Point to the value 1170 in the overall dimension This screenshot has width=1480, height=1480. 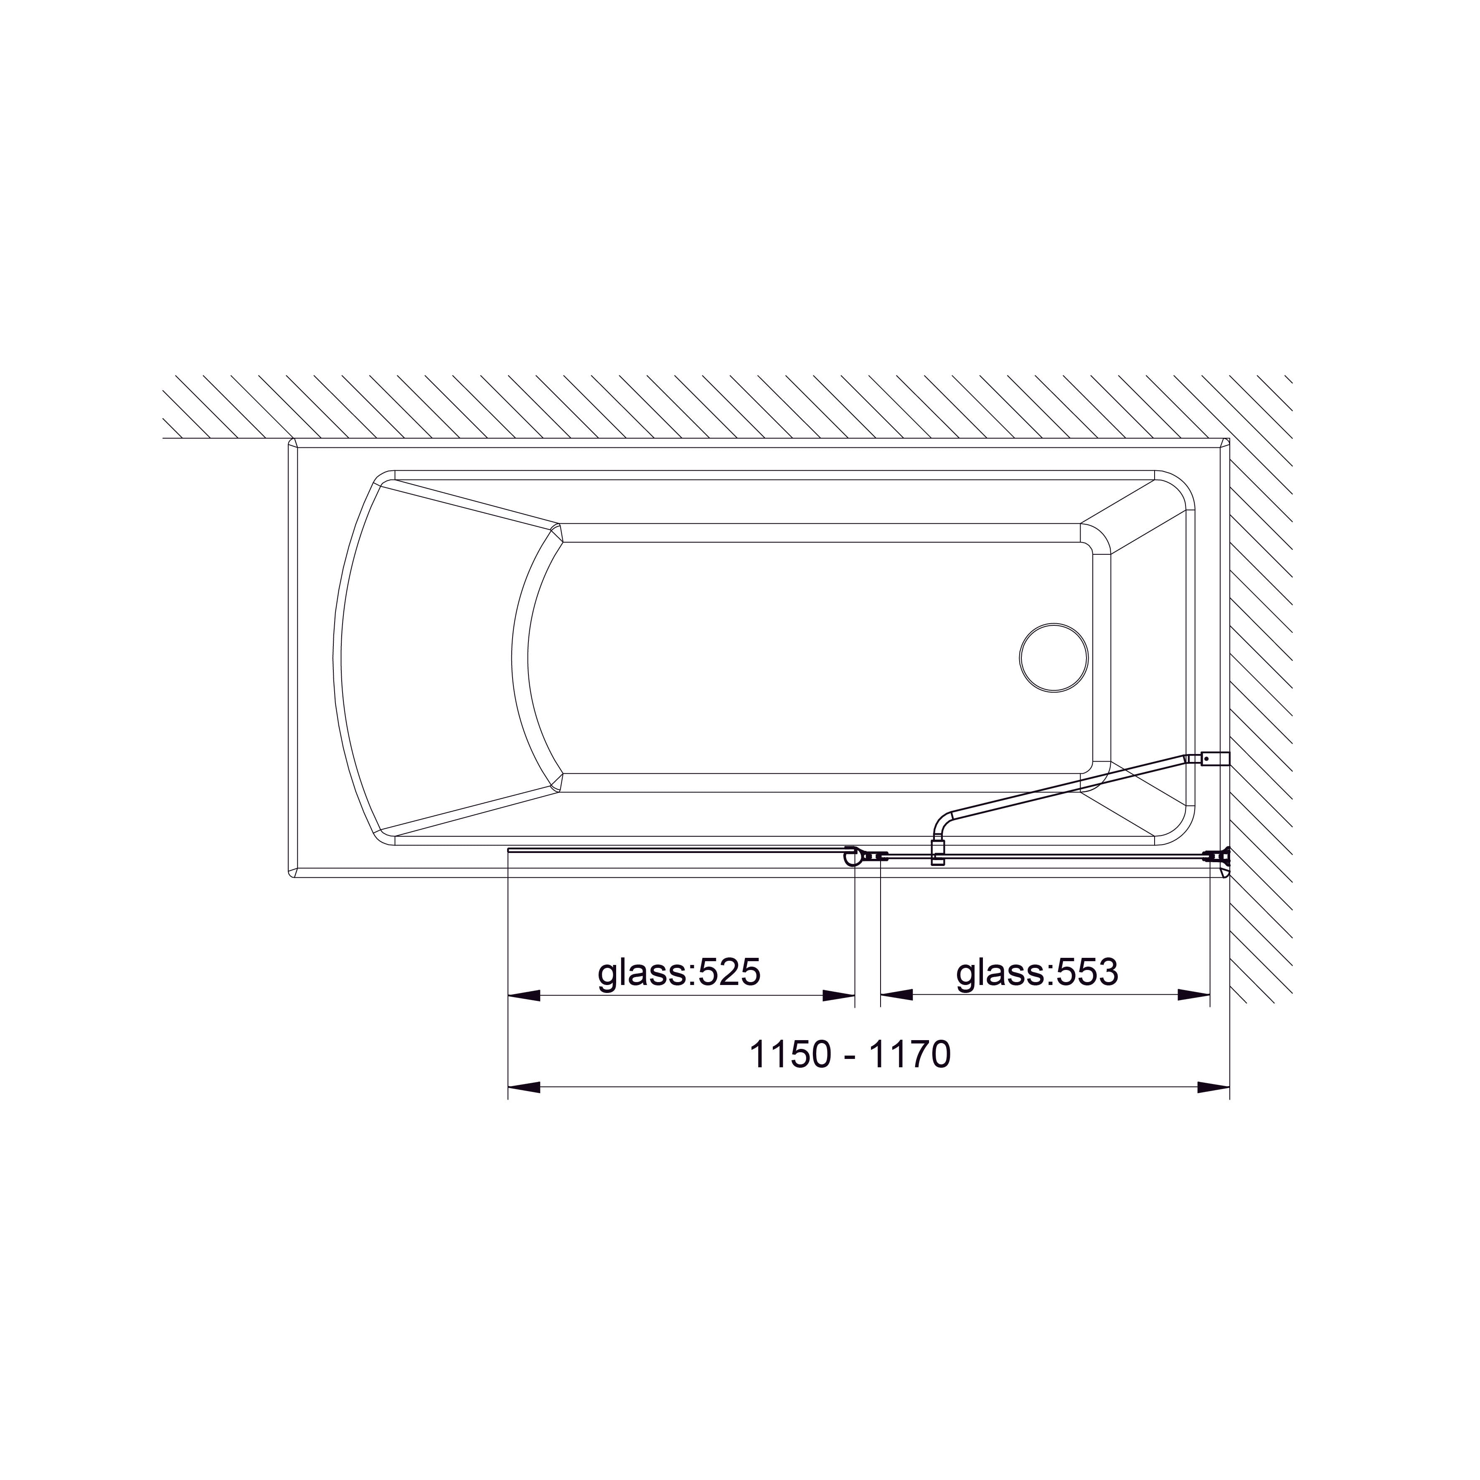[x=910, y=1055]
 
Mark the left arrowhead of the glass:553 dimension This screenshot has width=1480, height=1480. [x=897, y=996]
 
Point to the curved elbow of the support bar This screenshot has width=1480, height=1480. [x=941, y=823]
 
